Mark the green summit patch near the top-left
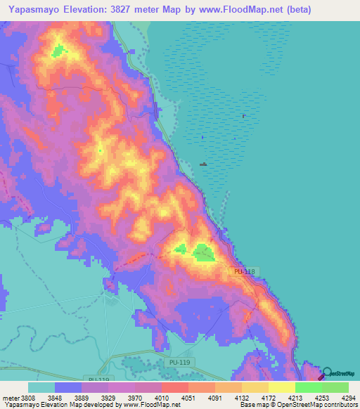click(x=58, y=51)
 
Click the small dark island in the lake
click(x=203, y=164)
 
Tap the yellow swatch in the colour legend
click(x=281, y=387)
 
